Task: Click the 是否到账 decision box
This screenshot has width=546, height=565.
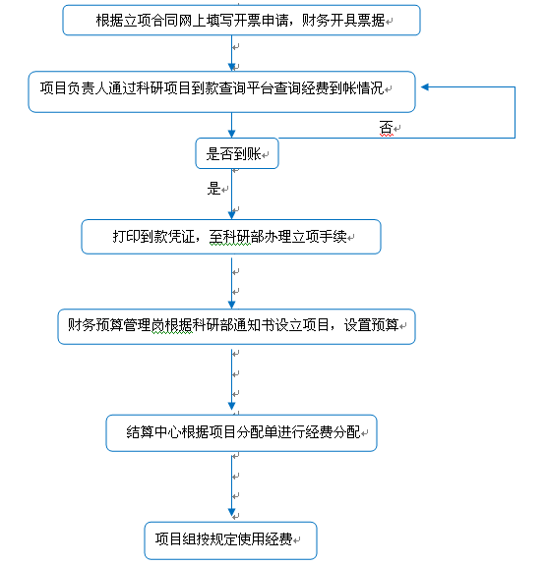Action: click(x=237, y=153)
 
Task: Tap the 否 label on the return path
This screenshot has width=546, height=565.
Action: click(x=386, y=128)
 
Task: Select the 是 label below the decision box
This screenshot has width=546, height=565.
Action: click(x=213, y=188)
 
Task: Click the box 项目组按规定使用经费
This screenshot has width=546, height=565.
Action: click(x=230, y=540)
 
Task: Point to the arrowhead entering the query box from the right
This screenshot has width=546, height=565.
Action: click(x=425, y=86)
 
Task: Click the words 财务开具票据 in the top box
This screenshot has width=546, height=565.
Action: click(x=343, y=21)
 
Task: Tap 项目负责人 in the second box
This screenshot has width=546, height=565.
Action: click(x=75, y=88)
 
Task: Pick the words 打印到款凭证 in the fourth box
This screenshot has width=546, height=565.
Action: click(x=153, y=237)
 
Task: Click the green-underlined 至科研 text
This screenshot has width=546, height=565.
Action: click(x=230, y=237)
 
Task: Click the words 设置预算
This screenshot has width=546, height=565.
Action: click(x=371, y=325)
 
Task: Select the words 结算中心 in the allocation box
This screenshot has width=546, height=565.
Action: click(x=153, y=432)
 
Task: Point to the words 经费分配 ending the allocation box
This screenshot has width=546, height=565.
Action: click(x=333, y=432)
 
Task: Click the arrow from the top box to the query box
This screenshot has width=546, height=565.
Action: click(x=231, y=53)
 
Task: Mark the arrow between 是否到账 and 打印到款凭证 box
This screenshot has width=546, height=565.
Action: click(x=231, y=195)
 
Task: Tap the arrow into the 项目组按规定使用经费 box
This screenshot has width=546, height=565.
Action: click(x=231, y=485)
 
